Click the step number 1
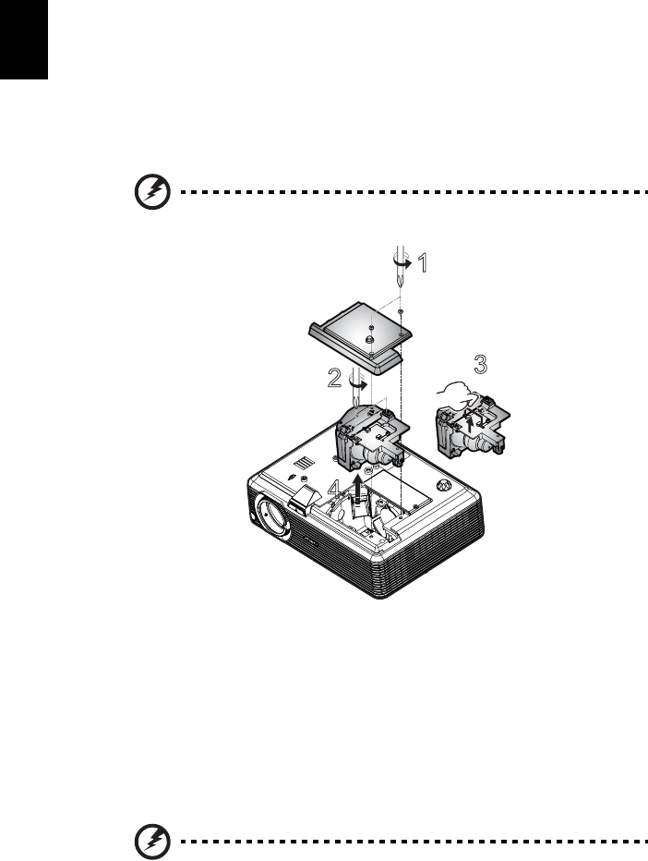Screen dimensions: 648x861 coord(422,264)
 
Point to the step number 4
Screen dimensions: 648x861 coord(342,488)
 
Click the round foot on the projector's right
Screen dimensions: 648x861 coord(445,484)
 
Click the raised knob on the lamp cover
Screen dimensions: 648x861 coord(367,341)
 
